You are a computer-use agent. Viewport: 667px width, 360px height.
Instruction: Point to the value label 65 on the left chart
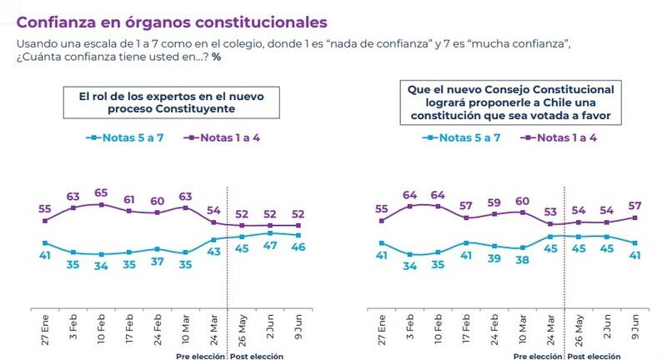(x=102, y=192)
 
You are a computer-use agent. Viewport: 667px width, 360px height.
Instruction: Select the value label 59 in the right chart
(x=494, y=202)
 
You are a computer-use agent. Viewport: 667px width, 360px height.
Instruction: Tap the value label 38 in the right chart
(x=523, y=259)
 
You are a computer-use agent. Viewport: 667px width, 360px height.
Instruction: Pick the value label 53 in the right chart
(x=550, y=212)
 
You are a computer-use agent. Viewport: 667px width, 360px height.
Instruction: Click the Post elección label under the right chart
(x=594, y=356)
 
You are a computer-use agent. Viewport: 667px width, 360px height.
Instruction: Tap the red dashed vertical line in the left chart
(x=228, y=275)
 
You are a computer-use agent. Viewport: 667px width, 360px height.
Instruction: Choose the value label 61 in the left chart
(x=130, y=200)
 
